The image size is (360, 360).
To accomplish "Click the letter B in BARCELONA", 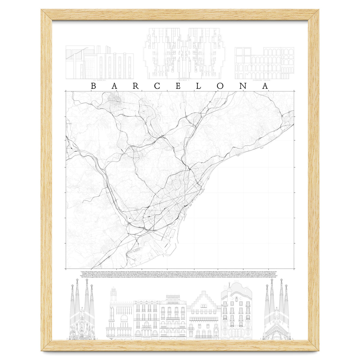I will pyautogui.click(x=93, y=86).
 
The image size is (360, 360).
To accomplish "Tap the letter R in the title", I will pyautogui.click(x=136, y=86).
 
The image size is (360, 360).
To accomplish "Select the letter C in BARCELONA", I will pyautogui.click(x=157, y=86).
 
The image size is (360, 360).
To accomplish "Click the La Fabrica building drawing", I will pyautogui.click(x=100, y=62).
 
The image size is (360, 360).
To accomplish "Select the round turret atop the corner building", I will pyautogui.click(x=113, y=294).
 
